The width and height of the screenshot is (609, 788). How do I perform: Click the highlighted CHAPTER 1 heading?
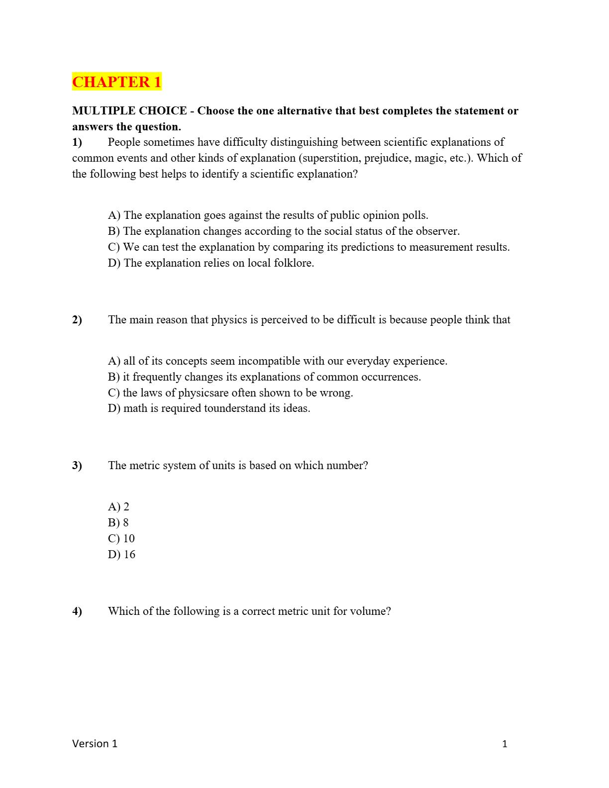pos(117,82)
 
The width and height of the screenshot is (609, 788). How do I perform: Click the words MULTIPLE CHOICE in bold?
pos(129,111)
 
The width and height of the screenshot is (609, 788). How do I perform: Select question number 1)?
pos(77,142)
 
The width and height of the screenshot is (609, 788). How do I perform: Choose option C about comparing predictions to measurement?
pos(308,247)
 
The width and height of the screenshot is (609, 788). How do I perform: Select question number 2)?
pos(77,320)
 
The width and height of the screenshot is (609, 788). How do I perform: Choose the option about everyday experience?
pos(278,361)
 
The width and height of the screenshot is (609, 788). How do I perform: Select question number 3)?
pos(77,466)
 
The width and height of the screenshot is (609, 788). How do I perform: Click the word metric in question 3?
pos(145,466)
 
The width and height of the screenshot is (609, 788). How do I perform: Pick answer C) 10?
pos(121,539)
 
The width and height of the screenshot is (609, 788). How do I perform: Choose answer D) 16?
pos(121,555)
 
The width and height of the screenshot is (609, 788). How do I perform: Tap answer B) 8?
pos(118,523)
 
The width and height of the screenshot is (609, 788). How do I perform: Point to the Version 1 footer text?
pos(95,744)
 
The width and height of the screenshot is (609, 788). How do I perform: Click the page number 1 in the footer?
pos(505,744)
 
